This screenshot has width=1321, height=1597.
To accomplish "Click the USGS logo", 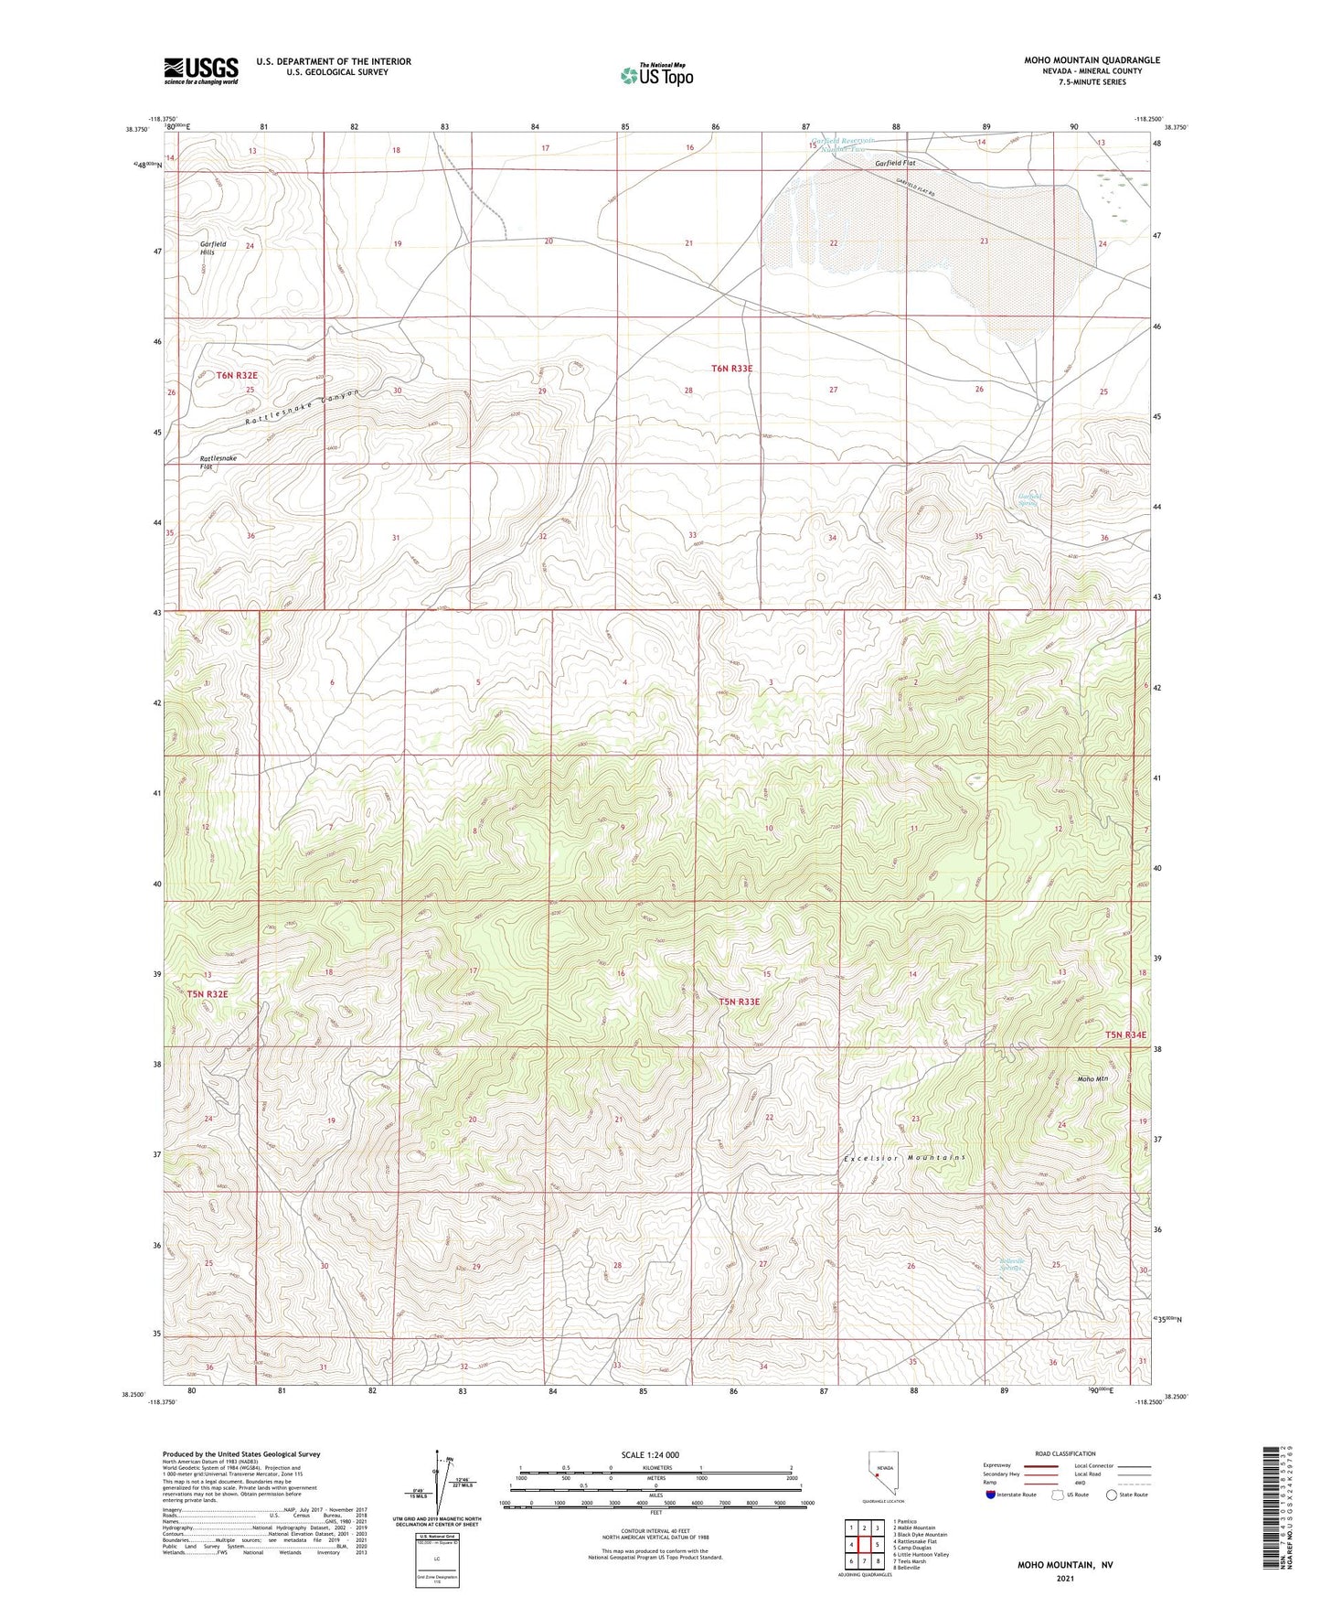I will [201, 70].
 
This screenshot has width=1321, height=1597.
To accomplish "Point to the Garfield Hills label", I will [213, 248].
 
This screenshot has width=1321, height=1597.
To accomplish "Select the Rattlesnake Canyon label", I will [303, 406].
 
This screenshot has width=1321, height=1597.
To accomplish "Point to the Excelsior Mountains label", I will [903, 1158].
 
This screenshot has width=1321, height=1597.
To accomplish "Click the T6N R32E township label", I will [237, 375].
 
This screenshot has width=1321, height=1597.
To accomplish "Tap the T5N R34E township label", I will [1124, 1034].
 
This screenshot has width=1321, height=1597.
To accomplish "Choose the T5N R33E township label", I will [739, 1002].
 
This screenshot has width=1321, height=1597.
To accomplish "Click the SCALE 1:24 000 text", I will [650, 1454].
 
